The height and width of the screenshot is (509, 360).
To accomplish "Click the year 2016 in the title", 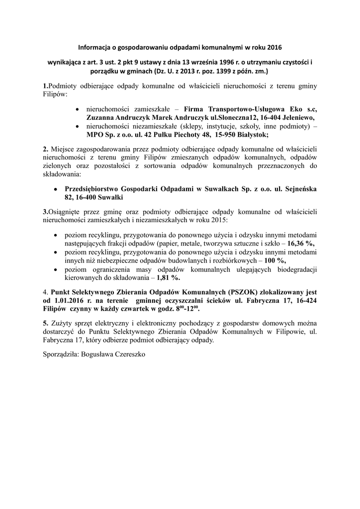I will point(274,48).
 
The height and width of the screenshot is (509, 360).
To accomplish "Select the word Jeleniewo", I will point(298,117).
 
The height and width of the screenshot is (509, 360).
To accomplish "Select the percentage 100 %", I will point(273,260).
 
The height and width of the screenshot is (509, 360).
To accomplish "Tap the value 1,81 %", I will point(168,277).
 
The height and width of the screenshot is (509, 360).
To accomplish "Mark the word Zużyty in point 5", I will point(61,323).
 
